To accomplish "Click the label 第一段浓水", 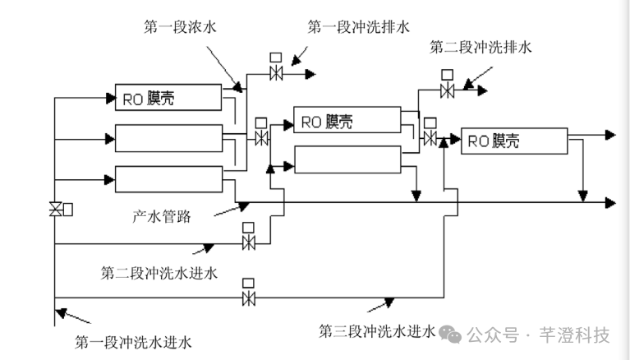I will pos(181,27).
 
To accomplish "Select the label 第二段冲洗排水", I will pos(481,47).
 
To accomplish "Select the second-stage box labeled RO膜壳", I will pos(345,122).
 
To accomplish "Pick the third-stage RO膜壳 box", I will pos(514,141).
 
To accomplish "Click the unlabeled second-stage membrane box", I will pos(345,158).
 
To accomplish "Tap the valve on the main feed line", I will pos(56,210).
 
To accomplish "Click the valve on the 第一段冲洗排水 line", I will pos(277,73).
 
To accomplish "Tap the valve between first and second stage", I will pos(262,136).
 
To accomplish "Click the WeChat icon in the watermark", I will pos(448,335).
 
